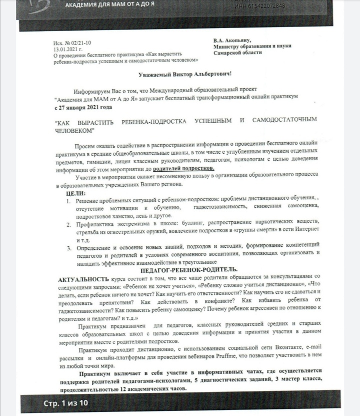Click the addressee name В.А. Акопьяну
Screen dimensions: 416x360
tap(232, 40)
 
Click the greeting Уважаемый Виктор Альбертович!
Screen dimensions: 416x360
tap(184, 74)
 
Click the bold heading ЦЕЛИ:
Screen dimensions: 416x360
tap(76, 193)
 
